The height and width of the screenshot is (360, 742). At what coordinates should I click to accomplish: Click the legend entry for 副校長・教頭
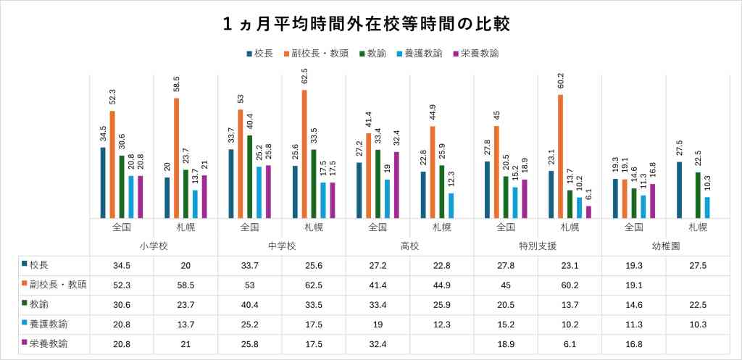[320, 54]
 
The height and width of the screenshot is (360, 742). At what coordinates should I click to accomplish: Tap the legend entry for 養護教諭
[418, 54]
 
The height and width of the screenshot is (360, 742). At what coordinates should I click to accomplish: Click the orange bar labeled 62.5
[304, 154]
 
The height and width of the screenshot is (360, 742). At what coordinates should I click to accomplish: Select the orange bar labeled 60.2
[560, 156]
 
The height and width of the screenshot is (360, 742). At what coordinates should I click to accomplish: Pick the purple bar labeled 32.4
[396, 185]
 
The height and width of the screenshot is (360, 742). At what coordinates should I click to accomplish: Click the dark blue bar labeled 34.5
[103, 183]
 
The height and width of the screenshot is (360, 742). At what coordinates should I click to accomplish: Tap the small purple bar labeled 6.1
[588, 212]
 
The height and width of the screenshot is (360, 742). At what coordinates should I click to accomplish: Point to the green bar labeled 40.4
[250, 176]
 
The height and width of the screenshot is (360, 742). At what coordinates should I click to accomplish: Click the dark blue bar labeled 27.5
[678, 190]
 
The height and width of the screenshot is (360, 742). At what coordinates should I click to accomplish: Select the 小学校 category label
[154, 246]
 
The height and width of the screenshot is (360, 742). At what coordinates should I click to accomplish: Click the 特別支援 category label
[538, 246]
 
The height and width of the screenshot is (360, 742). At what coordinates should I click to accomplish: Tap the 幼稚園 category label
[665, 246]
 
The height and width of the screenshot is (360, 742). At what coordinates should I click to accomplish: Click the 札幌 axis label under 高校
[442, 227]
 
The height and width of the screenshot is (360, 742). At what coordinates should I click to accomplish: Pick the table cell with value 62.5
[314, 285]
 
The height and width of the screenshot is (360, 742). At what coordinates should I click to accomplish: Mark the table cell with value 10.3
[697, 325]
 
